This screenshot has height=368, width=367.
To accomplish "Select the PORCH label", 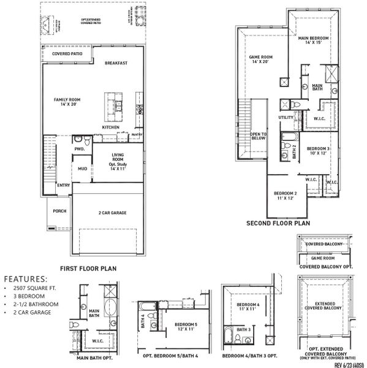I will point(59,211).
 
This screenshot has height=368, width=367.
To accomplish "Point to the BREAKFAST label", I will point(116,63).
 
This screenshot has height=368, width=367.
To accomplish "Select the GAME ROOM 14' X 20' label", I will point(260,59).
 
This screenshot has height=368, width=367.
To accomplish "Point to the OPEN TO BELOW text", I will point(258,136).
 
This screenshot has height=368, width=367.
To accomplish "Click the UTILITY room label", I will point(286,117).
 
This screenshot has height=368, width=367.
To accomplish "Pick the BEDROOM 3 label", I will point(319,151).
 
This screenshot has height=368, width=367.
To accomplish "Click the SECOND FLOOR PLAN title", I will point(278,224).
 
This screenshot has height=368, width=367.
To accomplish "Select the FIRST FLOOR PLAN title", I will point(88,268).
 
